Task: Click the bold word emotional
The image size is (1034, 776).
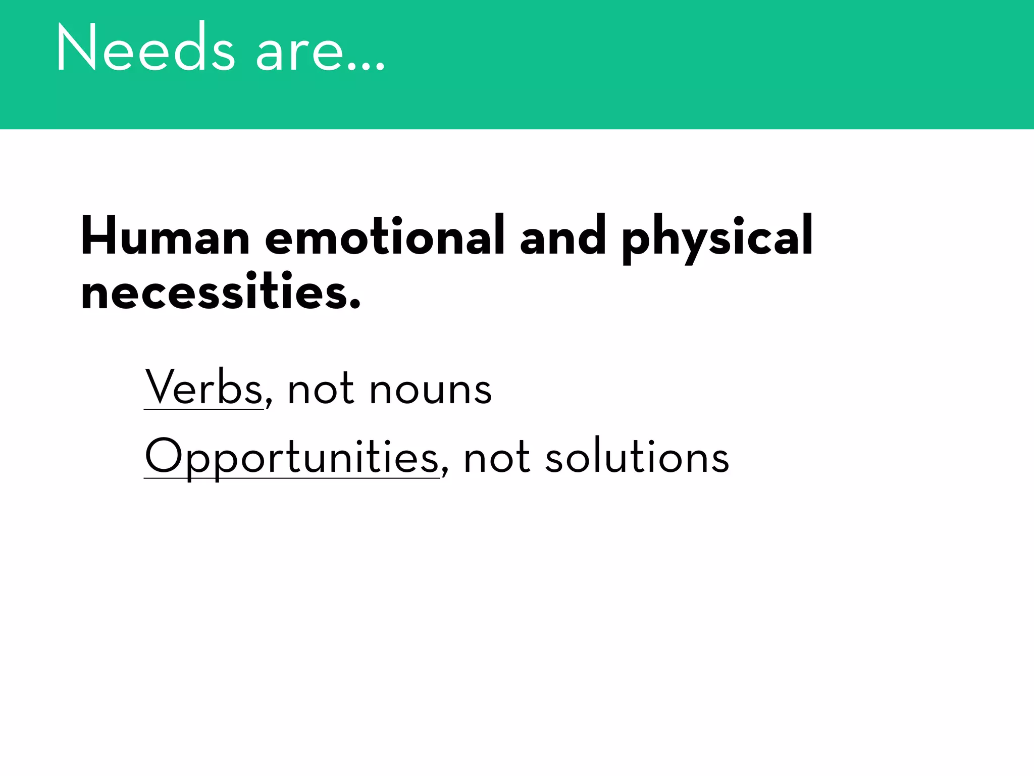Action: (384, 236)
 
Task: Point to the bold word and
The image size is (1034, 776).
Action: (562, 236)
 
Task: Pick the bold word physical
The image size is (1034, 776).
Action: (717, 237)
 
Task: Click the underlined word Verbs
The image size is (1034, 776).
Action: (203, 388)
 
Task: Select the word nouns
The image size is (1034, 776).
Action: (430, 392)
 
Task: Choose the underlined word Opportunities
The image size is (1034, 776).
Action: (291, 457)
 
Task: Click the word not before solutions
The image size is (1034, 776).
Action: (496, 459)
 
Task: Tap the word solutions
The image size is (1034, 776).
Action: (637, 457)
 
